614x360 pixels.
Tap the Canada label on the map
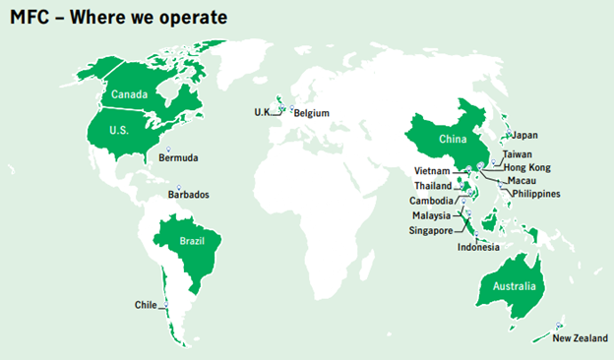129,94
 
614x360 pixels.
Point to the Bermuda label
178,157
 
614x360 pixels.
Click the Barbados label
188,195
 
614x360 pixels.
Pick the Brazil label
191,241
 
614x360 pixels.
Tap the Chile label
146,305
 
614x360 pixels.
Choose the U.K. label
262,112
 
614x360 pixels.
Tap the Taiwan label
518,154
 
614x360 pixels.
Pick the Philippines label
535,194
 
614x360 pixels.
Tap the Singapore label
431,230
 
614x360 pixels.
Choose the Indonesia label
479,247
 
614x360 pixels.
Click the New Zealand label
575,339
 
